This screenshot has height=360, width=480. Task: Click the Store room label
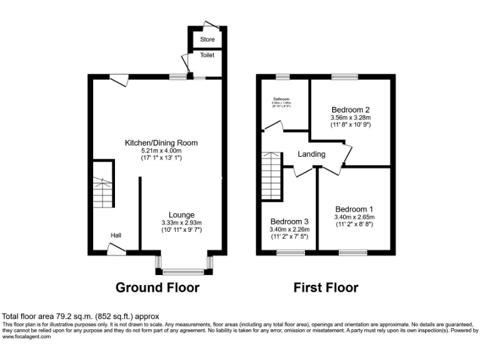[207, 39]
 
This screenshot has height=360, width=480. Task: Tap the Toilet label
[207, 56]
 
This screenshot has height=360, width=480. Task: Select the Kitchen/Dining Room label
[161, 142]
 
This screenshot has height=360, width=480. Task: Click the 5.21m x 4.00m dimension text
[161, 151]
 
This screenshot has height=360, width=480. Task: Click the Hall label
[116, 235]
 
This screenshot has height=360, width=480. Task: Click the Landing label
[311, 154]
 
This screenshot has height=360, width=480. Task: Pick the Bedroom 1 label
[354, 209]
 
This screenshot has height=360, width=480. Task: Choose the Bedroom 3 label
[289, 221]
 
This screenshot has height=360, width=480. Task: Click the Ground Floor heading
[157, 287]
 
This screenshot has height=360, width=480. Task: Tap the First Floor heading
[326, 287]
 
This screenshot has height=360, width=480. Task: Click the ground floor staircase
[101, 185]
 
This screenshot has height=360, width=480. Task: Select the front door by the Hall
[116, 250]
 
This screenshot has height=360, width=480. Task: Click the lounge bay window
[184, 272]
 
